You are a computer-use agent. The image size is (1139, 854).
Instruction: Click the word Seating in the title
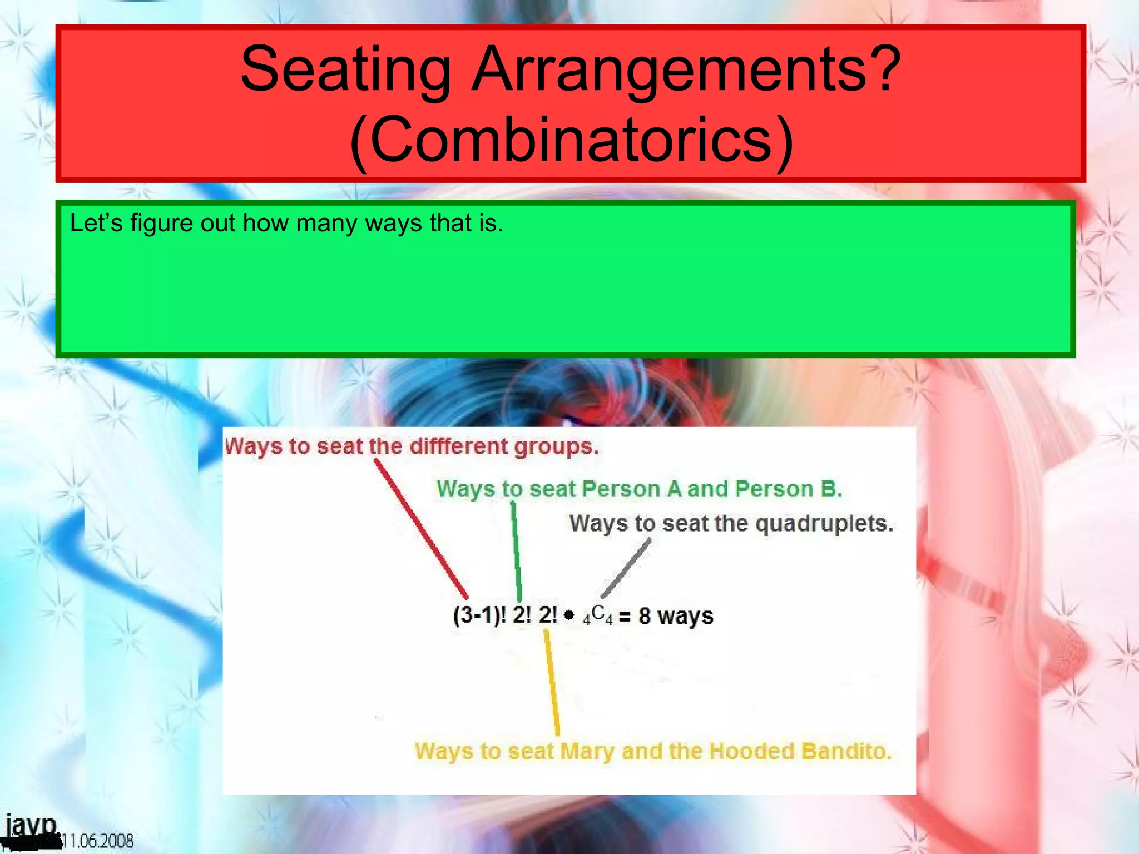(x=345, y=69)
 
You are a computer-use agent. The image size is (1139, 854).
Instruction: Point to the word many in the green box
(x=326, y=224)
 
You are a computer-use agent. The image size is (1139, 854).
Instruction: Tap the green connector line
(x=516, y=550)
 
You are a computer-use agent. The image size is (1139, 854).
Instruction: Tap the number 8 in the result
(x=644, y=616)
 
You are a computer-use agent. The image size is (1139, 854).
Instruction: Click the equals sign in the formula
(x=625, y=617)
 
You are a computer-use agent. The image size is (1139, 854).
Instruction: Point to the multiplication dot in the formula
(x=568, y=615)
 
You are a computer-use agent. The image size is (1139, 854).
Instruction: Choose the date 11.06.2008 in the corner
(x=97, y=841)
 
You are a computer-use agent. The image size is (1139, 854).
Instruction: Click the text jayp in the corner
(x=31, y=826)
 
